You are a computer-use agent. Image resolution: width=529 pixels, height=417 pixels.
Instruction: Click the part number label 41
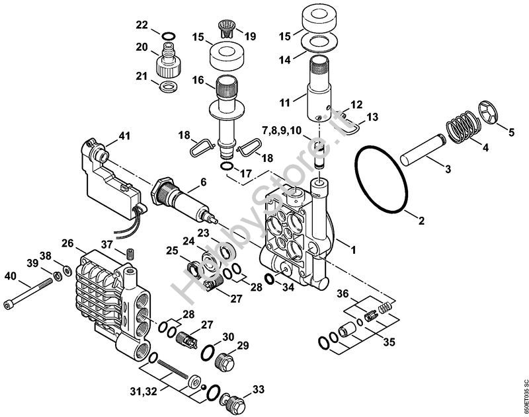pyautogui.click(x=124, y=137)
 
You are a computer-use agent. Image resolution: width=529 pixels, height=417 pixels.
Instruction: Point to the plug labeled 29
pyautogui.click(x=225, y=363)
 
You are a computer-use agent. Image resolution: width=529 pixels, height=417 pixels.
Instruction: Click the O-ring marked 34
pyautogui.click(x=270, y=279)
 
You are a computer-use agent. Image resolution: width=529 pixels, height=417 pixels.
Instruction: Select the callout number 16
pyautogui.click(x=179, y=80)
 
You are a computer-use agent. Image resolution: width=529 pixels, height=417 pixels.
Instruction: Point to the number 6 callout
pyautogui.click(x=202, y=182)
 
